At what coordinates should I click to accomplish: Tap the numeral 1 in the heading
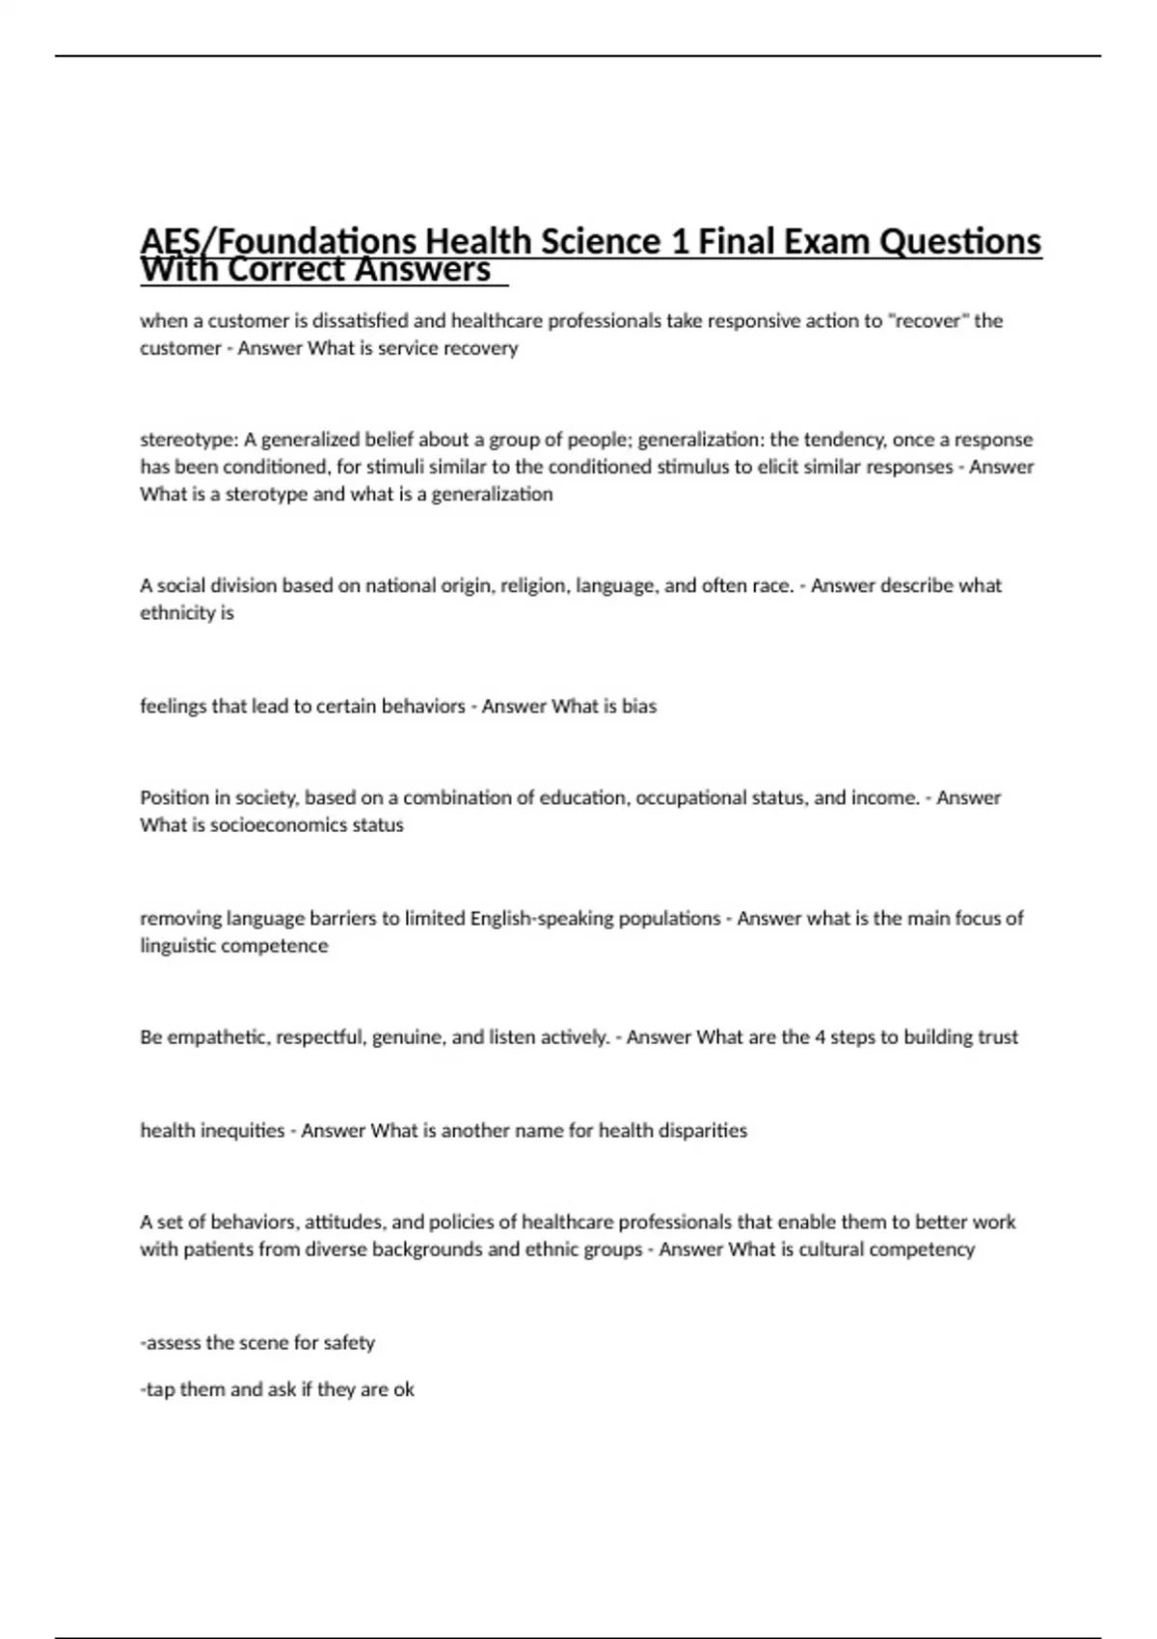(x=679, y=241)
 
